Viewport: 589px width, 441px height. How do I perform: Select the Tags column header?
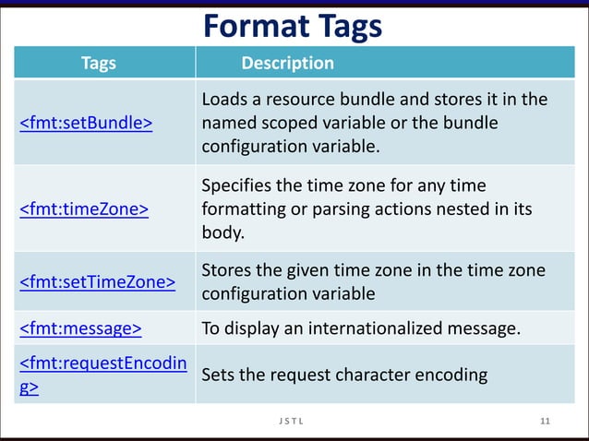tap(99, 64)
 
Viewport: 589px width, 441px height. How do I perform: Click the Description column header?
tap(287, 64)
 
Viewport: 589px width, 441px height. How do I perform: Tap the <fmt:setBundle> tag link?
tap(86, 124)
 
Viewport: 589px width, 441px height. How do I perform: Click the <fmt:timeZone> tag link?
tap(84, 209)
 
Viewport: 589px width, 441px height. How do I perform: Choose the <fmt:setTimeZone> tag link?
tap(97, 281)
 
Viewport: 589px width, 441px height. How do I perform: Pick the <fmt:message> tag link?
tap(80, 328)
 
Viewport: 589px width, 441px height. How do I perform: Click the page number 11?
tap(545, 422)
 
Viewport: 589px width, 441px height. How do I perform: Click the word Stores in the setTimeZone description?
tap(227, 270)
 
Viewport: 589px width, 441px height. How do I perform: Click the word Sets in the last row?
tap(218, 375)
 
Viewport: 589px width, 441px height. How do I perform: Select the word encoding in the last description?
tap(454, 375)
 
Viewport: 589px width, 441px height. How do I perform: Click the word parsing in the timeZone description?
tap(328, 209)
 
